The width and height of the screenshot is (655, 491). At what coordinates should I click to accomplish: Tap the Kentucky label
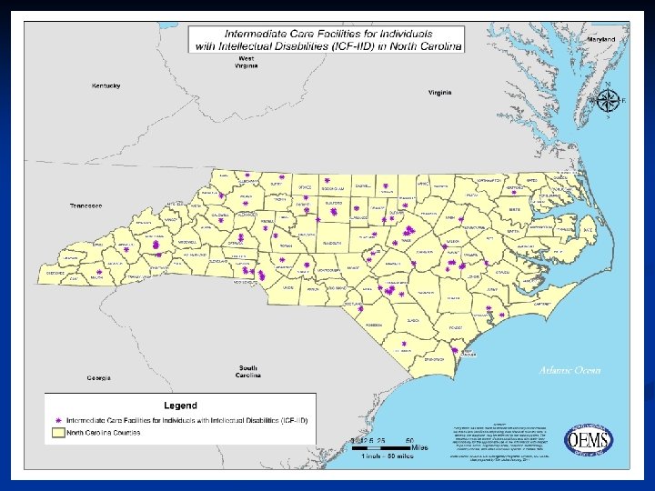pos(106,85)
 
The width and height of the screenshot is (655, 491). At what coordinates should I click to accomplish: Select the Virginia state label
pos(440,93)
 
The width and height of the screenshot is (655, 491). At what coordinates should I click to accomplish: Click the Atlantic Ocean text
pos(569,370)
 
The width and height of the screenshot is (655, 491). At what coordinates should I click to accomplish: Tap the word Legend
pos(179,405)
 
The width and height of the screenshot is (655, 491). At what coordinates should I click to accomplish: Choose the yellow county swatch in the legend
pos(59,434)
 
